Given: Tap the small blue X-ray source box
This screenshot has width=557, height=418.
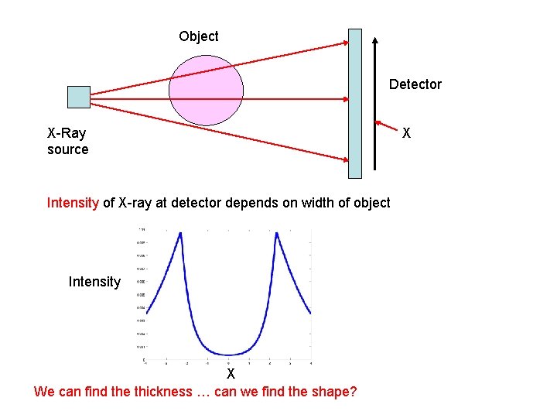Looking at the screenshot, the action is pyautogui.click(x=78, y=97).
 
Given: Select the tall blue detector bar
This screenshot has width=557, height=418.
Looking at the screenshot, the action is pyautogui.click(x=354, y=103).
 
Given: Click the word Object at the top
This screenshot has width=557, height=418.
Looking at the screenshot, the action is pyautogui.click(x=199, y=36).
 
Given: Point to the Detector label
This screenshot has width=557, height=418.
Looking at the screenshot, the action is pyautogui.click(x=415, y=84).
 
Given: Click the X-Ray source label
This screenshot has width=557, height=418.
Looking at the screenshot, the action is pyautogui.click(x=67, y=141).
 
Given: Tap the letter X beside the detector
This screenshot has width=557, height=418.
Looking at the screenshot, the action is pyautogui.click(x=407, y=133).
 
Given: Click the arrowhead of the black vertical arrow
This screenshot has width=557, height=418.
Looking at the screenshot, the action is pyautogui.click(x=374, y=40).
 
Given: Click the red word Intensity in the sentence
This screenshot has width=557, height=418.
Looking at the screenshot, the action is pyautogui.click(x=73, y=203).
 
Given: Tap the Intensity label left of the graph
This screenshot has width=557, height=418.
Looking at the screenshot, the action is pyautogui.click(x=94, y=282).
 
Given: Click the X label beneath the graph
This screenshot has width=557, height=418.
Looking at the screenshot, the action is pyautogui.click(x=231, y=374).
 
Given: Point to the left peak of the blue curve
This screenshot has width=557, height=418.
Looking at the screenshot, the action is pyautogui.click(x=180, y=234).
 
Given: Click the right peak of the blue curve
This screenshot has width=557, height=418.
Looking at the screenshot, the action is pyautogui.click(x=276, y=234).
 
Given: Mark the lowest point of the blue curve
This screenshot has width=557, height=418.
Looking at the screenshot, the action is pyautogui.click(x=228, y=355).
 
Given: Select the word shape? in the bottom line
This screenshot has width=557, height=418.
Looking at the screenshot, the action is pyautogui.click(x=331, y=391).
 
